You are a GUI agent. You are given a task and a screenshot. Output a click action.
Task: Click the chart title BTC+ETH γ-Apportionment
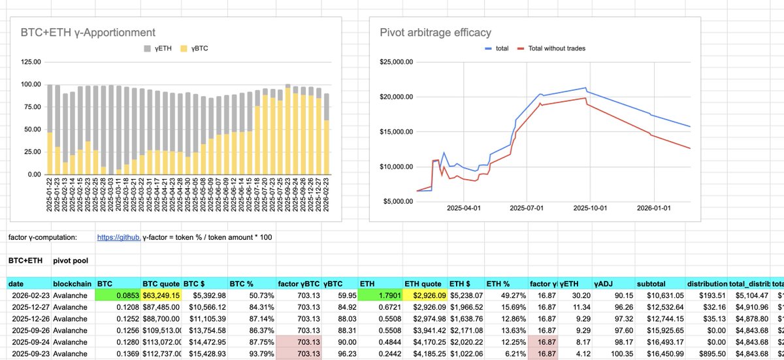click(x=88, y=31)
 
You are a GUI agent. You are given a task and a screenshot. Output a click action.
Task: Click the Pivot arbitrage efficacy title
click(x=435, y=32)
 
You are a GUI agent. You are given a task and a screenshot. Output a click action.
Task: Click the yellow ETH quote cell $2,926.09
click(x=423, y=295)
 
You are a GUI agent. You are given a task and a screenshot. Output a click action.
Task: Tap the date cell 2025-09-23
click(x=26, y=354)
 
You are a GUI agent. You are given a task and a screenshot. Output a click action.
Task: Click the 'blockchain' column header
click(x=71, y=284)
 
